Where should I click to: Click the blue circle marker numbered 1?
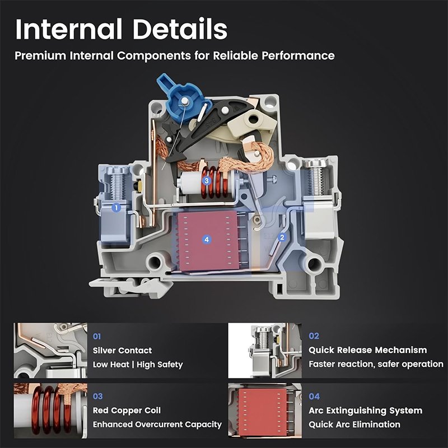[x=116, y=208]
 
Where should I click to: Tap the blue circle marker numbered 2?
[x=282, y=237]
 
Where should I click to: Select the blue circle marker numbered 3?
[x=207, y=180]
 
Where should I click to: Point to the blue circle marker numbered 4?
[x=207, y=240]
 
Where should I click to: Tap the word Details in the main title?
[x=180, y=29]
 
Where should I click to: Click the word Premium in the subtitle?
[x=40, y=55]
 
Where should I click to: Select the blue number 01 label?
[x=97, y=337]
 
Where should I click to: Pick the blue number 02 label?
[x=314, y=335]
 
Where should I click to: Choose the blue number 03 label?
[x=97, y=396]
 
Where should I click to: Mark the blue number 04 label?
[x=314, y=396]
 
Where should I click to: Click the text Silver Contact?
[x=122, y=351]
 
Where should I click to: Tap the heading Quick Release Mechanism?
[x=368, y=350]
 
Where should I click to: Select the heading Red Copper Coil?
[x=127, y=410]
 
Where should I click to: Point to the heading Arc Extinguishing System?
[x=366, y=410]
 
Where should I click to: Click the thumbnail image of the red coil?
[x=50, y=410]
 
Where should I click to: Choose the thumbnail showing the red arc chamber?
[x=265, y=410]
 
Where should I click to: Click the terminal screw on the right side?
[x=315, y=176]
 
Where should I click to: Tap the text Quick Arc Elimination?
[x=354, y=424]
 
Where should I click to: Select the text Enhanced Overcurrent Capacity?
[x=157, y=424]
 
